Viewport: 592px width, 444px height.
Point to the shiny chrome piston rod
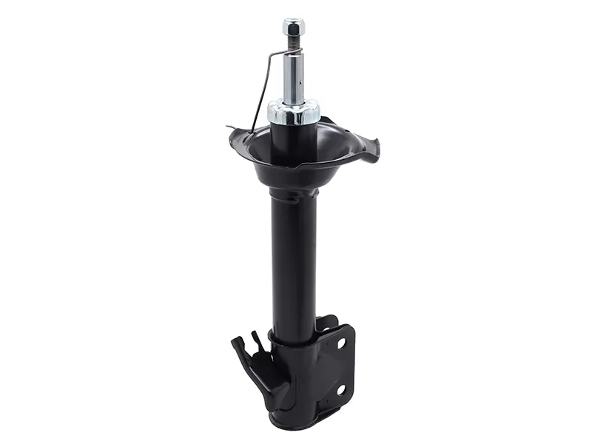293,78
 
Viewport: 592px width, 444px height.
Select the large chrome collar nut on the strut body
294,112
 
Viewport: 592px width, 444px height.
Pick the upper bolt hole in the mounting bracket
340,343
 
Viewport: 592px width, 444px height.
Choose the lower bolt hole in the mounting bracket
340,389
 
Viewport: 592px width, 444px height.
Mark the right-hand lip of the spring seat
370,148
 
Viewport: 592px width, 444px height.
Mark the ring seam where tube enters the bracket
292,339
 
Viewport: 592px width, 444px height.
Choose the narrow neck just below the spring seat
293,194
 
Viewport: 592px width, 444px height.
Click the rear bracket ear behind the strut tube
326,323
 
